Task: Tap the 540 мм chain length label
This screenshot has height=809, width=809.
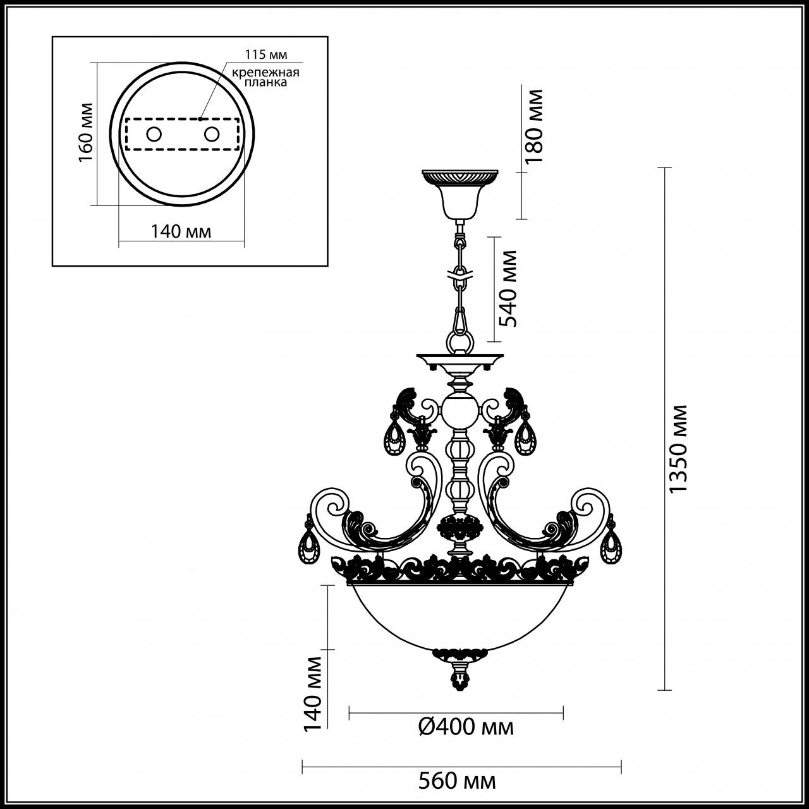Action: coord(508,288)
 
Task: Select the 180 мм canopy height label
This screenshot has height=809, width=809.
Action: coord(535,126)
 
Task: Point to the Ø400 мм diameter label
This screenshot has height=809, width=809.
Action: coord(466,727)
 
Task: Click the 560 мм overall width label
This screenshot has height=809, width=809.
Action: coord(457,781)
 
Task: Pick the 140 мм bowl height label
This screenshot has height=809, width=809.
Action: coord(313,692)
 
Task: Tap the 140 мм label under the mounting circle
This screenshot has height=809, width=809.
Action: coord(181,231)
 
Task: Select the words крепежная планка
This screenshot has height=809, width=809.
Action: coord(264,77)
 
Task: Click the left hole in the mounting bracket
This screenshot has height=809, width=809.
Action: coord(154,134)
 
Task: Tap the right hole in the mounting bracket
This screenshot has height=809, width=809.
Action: coord(211,134)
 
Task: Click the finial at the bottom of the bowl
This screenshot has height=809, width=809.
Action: coord(459,676)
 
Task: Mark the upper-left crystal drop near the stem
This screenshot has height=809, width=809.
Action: coord(396,436)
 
